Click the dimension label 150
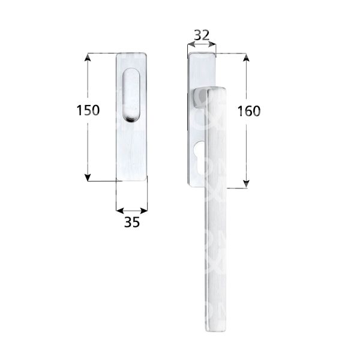click(88, 110)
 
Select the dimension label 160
click(248, 111)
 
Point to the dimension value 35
click(131, 222)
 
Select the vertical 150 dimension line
click(88, 144)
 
